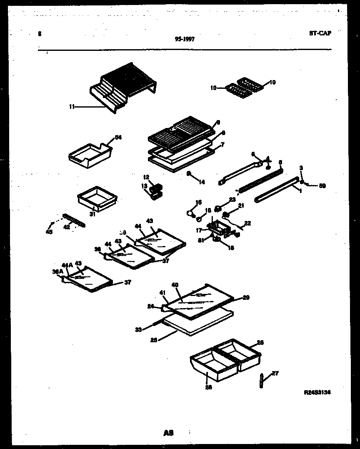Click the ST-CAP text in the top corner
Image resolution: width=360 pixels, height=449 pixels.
tap(320, 33)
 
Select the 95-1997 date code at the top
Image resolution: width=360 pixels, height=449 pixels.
tap(184, 39)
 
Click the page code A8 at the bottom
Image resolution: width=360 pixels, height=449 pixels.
tap(168, 433)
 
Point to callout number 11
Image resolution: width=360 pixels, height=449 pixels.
tap(72, 107)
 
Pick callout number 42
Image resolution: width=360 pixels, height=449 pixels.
tap(67, 227)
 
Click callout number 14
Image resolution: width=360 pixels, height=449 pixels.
tap(202, 181)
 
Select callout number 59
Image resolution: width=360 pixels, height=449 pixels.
tap(322, 186)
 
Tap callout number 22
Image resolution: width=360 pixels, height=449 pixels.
tap(247, 223)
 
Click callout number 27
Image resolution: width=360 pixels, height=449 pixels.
tap(275, 373)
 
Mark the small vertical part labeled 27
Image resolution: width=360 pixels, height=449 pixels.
tap(261, 380)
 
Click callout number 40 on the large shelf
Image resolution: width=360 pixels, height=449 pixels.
tap(175, 285)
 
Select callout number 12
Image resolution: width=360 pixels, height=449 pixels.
tap(146, 177)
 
